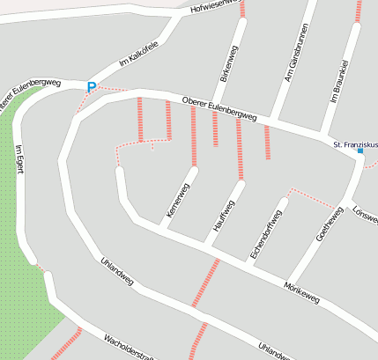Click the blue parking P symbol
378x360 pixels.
pos(91,87)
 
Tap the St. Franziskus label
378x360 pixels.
pos(353,143)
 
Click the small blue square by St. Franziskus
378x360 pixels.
pos(359,151)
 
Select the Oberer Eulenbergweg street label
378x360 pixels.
pos(219,110)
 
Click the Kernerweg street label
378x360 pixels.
pos(177,201)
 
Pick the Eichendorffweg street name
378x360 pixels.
pos(267,234)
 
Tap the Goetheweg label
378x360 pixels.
pos(329,225)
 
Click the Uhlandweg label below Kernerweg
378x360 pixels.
pos(117,272)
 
